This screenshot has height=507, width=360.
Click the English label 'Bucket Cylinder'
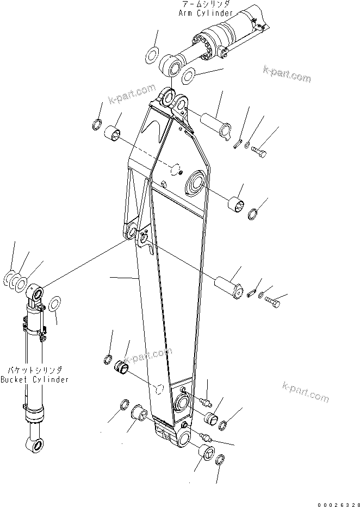(35, 379)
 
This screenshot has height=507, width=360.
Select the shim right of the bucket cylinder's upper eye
(54, 305)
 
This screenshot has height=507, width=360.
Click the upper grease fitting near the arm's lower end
(204, 403)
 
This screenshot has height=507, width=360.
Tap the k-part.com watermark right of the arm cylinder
(287, 74)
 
